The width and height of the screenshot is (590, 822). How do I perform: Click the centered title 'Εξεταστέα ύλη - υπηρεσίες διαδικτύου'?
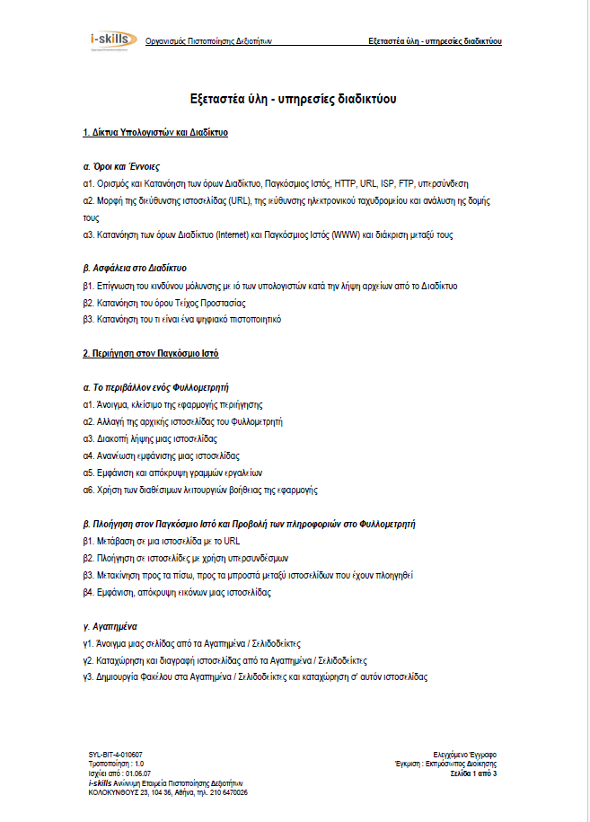tap(295, 98)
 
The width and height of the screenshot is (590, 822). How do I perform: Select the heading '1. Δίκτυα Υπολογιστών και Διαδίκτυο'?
tap(154, 132)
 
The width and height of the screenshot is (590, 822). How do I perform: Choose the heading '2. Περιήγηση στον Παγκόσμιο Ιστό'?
tap(150, 353)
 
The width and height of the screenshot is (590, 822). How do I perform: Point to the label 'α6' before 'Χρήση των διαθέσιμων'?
tap(88, 490)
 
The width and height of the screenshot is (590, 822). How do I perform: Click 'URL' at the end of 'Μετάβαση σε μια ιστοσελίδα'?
tap(232, 542)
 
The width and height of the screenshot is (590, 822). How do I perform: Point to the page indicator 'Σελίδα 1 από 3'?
tap(472, 773)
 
